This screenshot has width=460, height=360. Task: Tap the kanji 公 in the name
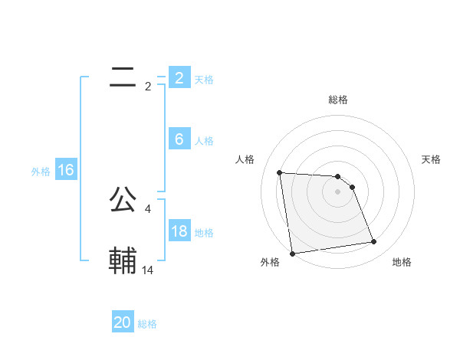(x=123, y=198)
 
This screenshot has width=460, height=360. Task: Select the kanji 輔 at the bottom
(x=123, y=260)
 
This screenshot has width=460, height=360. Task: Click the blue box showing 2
(x=179, y=77)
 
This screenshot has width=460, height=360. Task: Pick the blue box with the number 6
(x=179, y=139)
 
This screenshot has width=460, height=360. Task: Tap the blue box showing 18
(x=179, y=231)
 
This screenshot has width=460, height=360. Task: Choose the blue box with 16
(x=65, y=170)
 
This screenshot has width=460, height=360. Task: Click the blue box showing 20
(x=123, y=322)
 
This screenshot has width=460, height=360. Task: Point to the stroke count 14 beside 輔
(x=148, y=270)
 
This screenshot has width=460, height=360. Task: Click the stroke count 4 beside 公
(x=148, y=208)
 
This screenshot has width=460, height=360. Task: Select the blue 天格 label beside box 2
(x=204, y=79)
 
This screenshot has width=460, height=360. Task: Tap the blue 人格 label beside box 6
(x=204, y=141)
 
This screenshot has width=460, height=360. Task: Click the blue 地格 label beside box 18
(x=204, y=233)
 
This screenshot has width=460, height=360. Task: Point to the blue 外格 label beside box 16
(x=41, y=172)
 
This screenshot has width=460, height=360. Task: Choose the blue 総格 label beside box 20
(x=147, y=324)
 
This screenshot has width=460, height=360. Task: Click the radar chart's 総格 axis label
(x=338, y=100)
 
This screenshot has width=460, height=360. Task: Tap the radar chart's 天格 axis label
(x=432, y=159)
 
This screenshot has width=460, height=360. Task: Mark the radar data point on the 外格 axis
(x=292, y=253)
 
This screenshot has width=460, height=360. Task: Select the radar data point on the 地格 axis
(x=374, y=242)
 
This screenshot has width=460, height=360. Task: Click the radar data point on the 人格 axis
(x=280, y=172)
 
